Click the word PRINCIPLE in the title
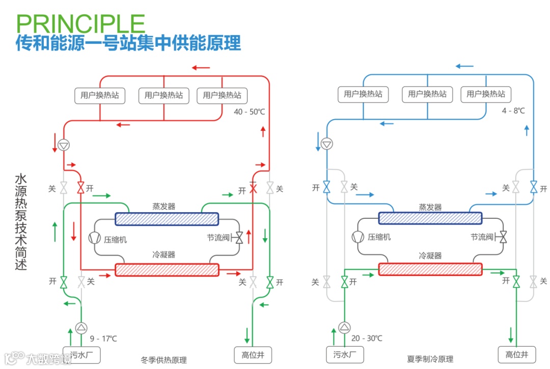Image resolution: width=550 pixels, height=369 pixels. tap(80, 23)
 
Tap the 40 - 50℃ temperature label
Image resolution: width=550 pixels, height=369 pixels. tap(249, 111)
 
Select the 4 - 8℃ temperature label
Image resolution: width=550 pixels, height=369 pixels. tap(513, 110)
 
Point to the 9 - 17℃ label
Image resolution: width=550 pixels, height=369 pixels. tap(103, 338)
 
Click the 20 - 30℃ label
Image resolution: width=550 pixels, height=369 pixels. tap(367, 338)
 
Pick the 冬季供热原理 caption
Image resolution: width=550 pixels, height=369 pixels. tap(163, 360)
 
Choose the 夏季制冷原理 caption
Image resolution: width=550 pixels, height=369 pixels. tap(430, 359)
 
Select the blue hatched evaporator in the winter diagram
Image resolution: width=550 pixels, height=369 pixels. tap(167, 219)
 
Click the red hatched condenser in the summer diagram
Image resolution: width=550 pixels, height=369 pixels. tap(430, 269)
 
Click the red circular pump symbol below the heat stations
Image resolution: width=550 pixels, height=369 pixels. tap(64, 145)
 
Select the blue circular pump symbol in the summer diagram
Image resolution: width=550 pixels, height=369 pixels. tap(327, 144)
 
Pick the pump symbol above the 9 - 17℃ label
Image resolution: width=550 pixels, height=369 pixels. tap(81, 328)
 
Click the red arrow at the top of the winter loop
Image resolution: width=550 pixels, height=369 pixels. tap(201, 67)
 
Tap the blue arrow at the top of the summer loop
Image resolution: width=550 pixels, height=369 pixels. tap(464, 66)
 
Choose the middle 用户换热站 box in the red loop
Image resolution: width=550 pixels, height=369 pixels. tap(163, 95)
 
